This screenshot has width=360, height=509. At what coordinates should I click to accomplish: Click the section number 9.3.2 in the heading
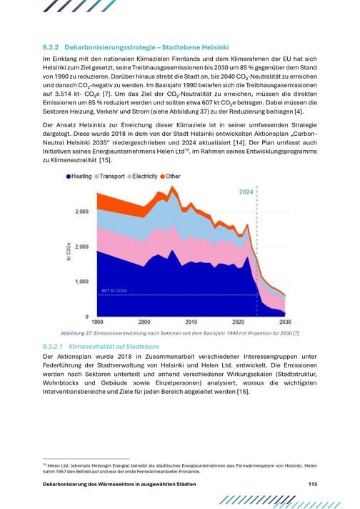[x=51, y=47]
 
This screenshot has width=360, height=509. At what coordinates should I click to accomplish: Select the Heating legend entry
[x=79, y=177]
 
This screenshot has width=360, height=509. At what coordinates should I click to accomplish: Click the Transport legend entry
[x=109, y=177]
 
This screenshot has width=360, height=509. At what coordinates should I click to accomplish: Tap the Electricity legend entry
[x=142, y=177]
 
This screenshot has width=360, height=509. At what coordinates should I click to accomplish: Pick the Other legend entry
[x=170, y=177]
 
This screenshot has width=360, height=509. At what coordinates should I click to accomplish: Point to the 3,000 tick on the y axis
[x=81, y=212]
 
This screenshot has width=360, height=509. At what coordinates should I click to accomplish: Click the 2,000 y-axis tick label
[x=81, y=247]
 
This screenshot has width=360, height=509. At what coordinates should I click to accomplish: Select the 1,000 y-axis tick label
[x=81, y=282]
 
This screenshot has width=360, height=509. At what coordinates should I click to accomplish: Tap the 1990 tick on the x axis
[x=97, y=322]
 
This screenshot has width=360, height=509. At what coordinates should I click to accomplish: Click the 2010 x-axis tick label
[x=191, y=322]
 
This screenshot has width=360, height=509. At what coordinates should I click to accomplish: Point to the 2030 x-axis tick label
[x=285, y=322]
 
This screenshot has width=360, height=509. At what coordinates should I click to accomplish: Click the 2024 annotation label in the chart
[x=246, y=192]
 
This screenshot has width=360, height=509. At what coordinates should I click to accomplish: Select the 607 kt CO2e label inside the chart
[x=114, y=291]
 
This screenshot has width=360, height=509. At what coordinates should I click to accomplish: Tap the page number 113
[x=313, y=484]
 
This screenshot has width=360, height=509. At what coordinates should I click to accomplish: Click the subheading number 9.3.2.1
[x=53, y=347]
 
